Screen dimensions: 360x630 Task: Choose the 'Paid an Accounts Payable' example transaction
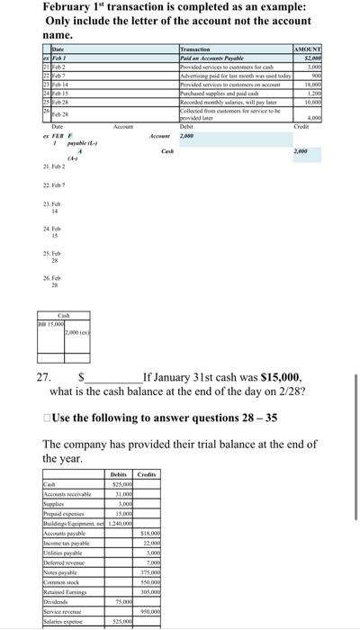tap(208, 58)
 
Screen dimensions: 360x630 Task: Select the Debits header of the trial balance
tap(119, 474)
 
